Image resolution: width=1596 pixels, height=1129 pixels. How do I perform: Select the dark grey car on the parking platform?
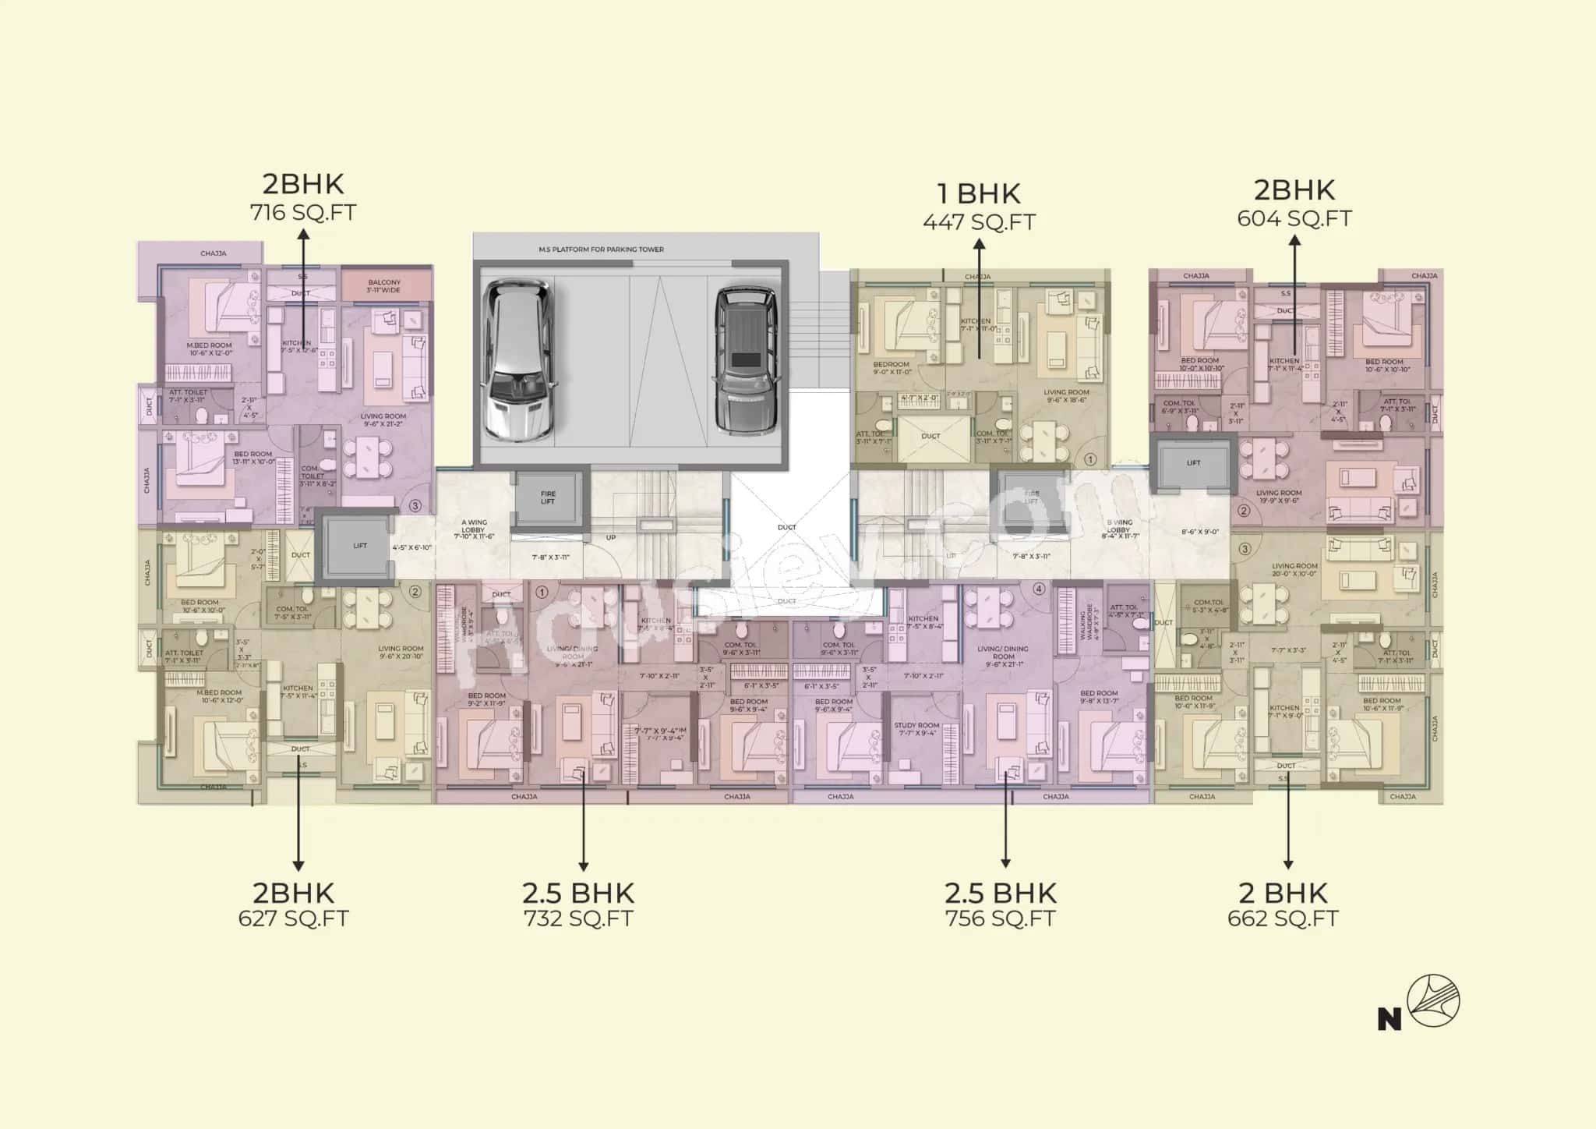point(747,359)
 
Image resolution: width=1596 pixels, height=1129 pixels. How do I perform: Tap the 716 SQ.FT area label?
point(302,212)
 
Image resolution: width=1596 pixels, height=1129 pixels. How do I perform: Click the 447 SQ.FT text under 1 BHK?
point(979,222)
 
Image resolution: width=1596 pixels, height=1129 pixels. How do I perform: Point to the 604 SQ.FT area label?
point(1294,218)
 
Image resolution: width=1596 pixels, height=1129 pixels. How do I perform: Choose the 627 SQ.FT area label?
point(293,918)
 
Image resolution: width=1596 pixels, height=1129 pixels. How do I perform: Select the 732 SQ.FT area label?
point(578,918)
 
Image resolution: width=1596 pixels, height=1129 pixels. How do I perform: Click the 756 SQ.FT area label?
point(1001,918)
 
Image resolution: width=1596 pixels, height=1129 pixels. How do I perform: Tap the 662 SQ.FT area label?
point(1283,918)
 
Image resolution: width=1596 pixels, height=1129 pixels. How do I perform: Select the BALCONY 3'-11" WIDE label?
point(384,286)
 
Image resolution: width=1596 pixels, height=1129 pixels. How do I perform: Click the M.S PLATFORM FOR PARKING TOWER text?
point(601,250)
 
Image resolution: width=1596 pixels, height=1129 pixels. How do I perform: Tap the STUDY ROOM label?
point(916,726)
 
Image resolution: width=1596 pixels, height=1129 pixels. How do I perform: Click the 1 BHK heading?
point(979,193)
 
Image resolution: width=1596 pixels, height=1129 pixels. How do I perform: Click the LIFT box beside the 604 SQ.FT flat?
point(1193,463)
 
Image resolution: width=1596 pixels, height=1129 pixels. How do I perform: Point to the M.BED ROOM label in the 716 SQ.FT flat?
point(210,345)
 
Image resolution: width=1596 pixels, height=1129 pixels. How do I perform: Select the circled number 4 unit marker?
point(1038,589)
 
